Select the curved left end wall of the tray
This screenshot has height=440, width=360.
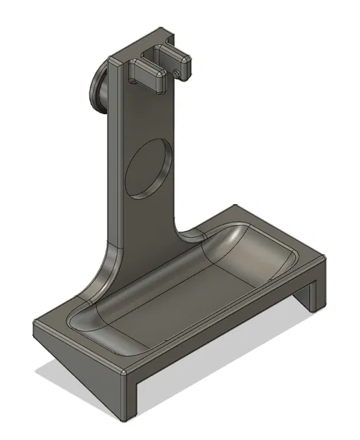[88, 317]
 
